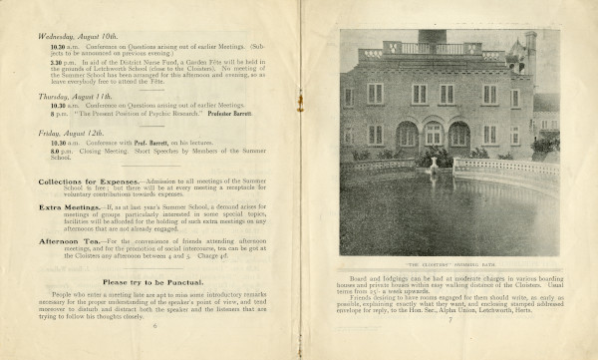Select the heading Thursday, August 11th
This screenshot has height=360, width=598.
[72, 96]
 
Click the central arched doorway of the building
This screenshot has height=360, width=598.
[433, 134]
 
